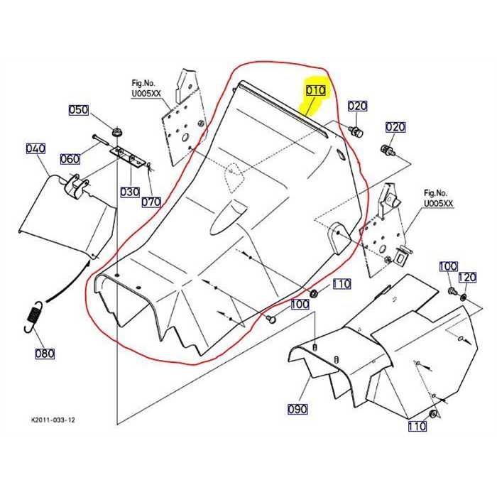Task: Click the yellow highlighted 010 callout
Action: tap(315, 91)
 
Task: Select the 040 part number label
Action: tap(35, 148)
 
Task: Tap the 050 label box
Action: tap(78, 110)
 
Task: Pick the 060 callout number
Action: tap(70, 159)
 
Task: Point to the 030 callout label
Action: tap(129, 192)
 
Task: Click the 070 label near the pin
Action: tap(151, 201)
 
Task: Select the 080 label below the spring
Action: tap(44, 354)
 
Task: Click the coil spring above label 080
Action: tap(31, 315)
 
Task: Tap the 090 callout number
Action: tap(297, 409)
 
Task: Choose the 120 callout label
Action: tap(467, 277)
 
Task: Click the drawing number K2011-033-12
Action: tap(53, 420)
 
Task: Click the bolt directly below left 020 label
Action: tap(357, 132)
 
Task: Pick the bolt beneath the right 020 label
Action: tap(386, 151)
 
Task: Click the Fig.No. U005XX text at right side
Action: tap(438, 198)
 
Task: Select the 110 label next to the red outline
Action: tap(342, 284)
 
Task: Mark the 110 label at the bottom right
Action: tap(417, 427)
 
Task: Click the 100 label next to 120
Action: tap(448, 267)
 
